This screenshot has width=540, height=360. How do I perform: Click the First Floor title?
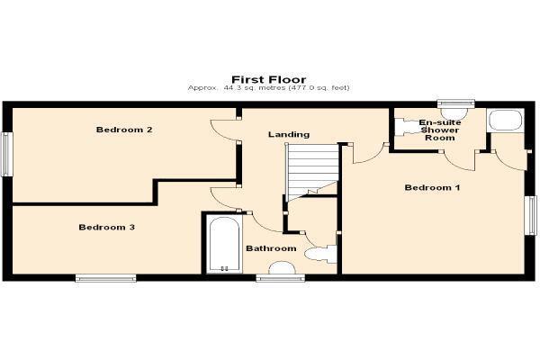tap(268, 79)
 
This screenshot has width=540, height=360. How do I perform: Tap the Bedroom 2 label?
tap(124, 130)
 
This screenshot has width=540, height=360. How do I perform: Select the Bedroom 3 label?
tap(107, 228)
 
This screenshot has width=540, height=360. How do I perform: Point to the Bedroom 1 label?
tap(432, 188)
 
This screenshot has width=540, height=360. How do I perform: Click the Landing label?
tap(289, 134)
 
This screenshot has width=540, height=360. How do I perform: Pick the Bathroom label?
tap(271, 248)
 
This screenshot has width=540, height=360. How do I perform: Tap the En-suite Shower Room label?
tap(440, 130)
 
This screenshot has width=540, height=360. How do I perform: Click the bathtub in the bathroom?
tap(224, 244)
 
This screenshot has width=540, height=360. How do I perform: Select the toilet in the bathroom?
tap(320, 254)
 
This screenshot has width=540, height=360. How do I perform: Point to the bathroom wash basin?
tap(282, 268)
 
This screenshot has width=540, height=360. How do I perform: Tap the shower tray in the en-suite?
tap(506, 121)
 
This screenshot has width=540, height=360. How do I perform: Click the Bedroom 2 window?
tap(6, 154)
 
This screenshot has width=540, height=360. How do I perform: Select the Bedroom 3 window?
tap(105, 278)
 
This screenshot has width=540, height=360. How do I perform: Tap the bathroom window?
tap(280, 278)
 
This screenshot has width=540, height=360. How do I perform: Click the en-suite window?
tap(456, 103)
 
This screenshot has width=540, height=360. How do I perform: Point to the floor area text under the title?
tap(268, 88)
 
